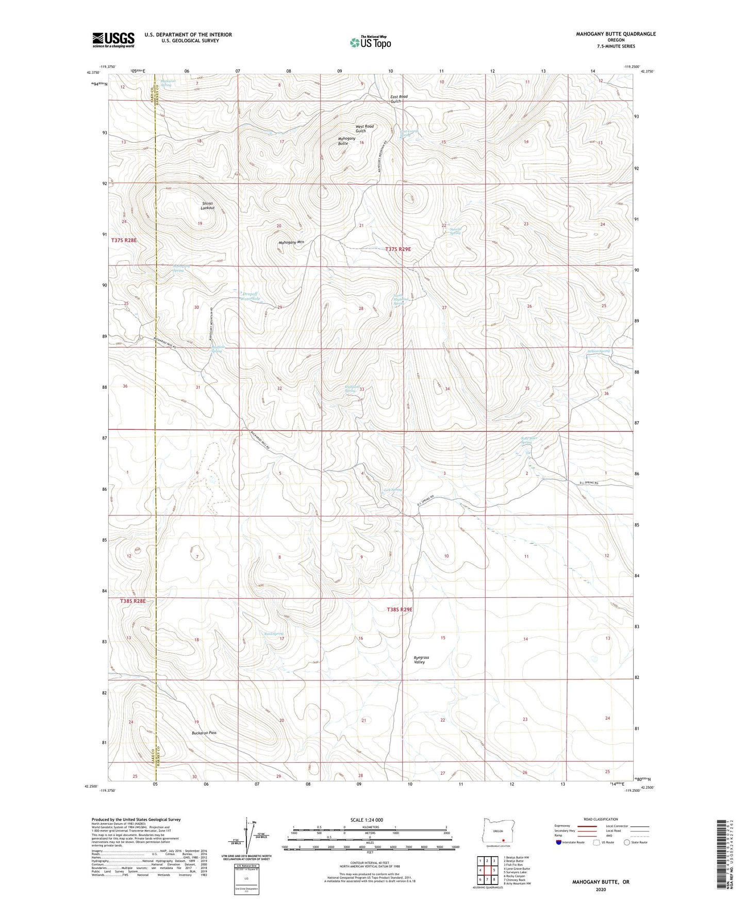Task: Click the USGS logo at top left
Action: pos(113,40)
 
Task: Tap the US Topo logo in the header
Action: pos(370,42)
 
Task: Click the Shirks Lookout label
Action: pos(208,205)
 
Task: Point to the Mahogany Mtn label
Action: pos(291,242)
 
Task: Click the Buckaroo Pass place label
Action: pos(204,732)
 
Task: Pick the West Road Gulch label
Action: pos(365,128)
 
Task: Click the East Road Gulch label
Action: pos(399,99)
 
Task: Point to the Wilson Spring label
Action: pos(599,351)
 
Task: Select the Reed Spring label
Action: pos(274,634)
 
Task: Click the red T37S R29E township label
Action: pos(399,249)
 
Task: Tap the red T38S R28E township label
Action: pos(133,601)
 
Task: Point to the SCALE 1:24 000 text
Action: pos(367,820)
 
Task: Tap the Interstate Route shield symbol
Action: pos(559,842)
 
